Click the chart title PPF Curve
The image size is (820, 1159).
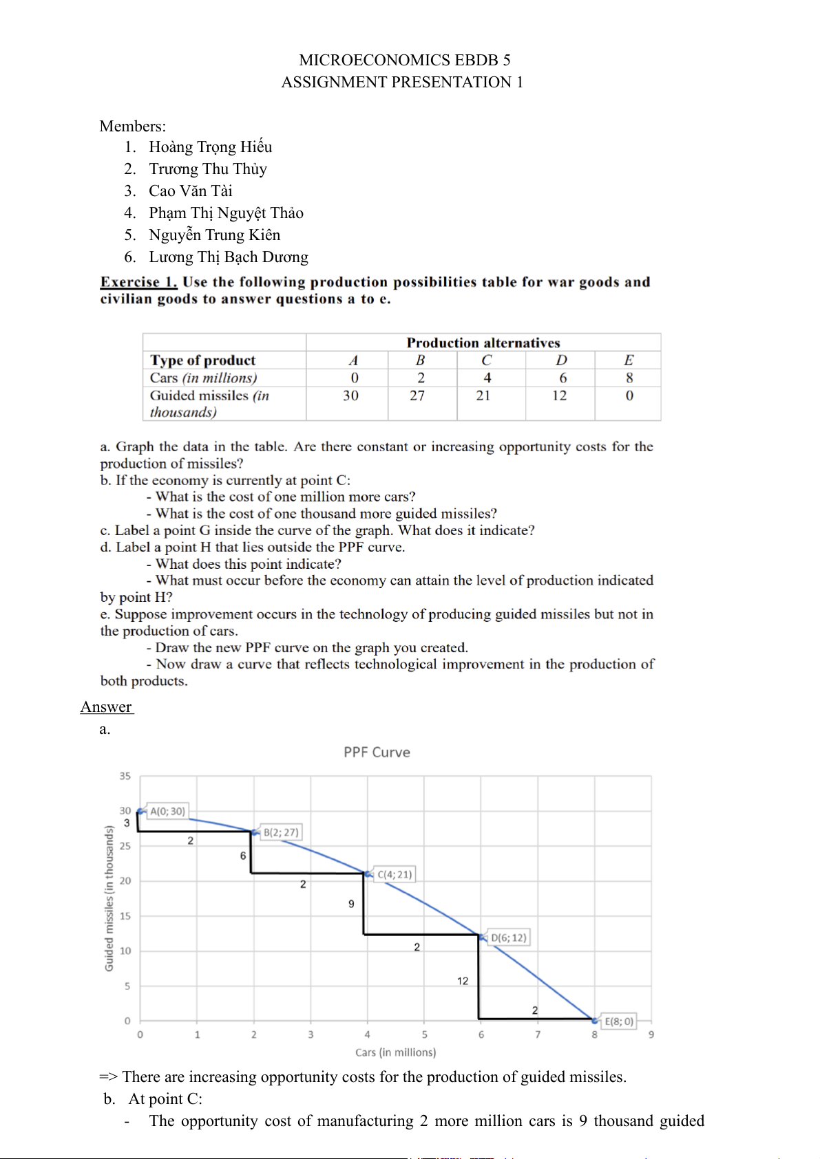click(x=377, y=752)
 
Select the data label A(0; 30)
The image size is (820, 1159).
click(x=167, y=812)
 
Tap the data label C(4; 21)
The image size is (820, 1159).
click(x=395, y=875)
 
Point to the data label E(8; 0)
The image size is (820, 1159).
click(x=618, y=1021)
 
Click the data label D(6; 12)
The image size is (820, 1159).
click(x=508, y=938)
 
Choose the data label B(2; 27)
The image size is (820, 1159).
click(x=281, y=832)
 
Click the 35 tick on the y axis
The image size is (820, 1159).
click(x=125, y=776)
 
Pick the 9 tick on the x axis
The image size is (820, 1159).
click(x=651, y=1035)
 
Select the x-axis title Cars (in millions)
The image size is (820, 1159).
click(x=395, y=1052)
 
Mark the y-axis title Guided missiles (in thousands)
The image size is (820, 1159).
click(x=109, y=899)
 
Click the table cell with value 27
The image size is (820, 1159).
click(x=417, y=396)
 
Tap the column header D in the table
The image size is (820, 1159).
click(x=562, y=360)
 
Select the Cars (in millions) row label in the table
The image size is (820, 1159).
click(x=203, y=378)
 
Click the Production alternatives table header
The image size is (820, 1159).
click(x=483, y=343)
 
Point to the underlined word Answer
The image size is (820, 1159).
click(x=106, y=707)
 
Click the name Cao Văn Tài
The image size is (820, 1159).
click(x=190, y=191)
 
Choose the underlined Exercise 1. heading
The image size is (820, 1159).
click(x=138, y=282)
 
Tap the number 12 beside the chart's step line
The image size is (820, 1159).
click(x=463, y=981)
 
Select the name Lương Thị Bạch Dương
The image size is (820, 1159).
click(x=228, y=257)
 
